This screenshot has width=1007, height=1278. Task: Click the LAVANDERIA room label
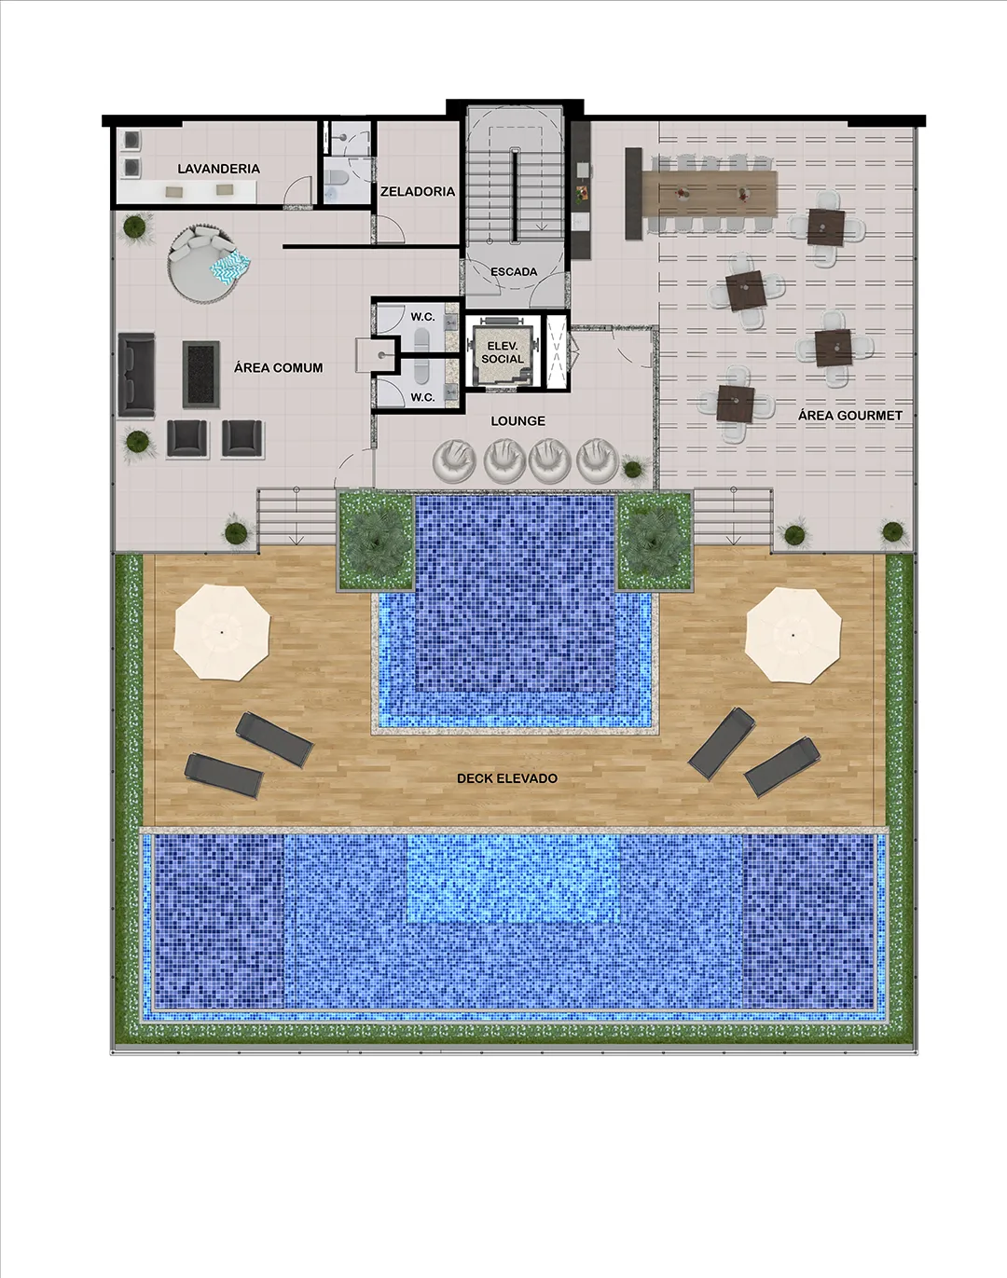pyautogui.click(x=218, y=169)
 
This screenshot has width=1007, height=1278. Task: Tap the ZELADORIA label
pyautogui.click(x=418, y=191)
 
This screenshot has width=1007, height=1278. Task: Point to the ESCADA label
pyautogui.click(x=514, y=271)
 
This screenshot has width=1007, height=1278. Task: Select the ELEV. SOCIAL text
pyautogui.click(x=503, y=352)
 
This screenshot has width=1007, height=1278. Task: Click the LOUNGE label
pyautogui.click(x=518, y=421)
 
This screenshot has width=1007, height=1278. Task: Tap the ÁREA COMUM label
pyautogui.click(x=278, y=367)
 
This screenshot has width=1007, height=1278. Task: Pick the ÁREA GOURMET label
pyautogui.click(x=850, y=416)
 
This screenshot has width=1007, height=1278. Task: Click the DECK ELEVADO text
pyautogui.click(x=507, y=778)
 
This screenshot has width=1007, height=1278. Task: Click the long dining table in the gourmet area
pyautogui.click(x=710, y=193)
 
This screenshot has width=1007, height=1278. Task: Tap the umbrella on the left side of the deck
pyautogui.click(x=222, y=632)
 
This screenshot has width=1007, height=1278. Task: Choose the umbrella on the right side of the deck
pyautogui.click(x=793, y=635)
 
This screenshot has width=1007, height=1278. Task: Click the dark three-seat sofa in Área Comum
pyautogui.click(x=137, y=374)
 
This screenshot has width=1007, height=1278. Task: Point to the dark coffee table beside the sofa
pyautogui.click(x=200, y=374)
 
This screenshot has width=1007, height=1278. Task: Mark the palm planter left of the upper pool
pyautogui.click(x=376, y=540)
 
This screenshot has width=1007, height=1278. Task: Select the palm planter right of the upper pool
pyautogui.click(x=655, y=541)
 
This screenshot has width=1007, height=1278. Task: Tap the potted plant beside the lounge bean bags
pyautogui.click(x=633, y=469)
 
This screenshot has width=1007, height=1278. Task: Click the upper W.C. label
pyautogui.click(x=422, y=317)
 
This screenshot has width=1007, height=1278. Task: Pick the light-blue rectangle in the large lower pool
pyautogui.click(x=514, y=878)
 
